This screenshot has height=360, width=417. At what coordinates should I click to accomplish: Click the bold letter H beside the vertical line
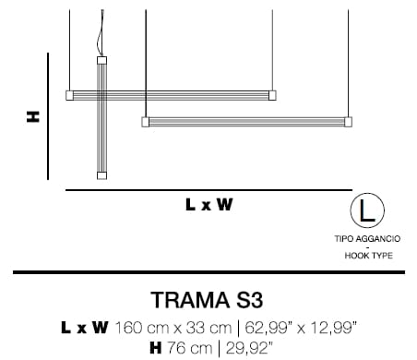pyautogui.click(x=32, y=117)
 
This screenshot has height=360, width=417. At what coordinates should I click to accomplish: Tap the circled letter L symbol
pyautogui.click(x=367, y=211)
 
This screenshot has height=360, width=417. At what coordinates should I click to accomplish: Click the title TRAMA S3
pyautogui.click(x=208, y=301)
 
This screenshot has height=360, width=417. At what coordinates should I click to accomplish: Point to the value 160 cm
pyautogui.click(x=140, y=327)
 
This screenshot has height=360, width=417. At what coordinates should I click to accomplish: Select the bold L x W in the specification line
pyautogui.click(x=85, y=327)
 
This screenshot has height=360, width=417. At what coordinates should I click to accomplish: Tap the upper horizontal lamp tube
pyautogui.click(x=172, y=94)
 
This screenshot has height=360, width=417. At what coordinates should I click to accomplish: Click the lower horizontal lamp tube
pyautogui.click(x=247, y=121)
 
